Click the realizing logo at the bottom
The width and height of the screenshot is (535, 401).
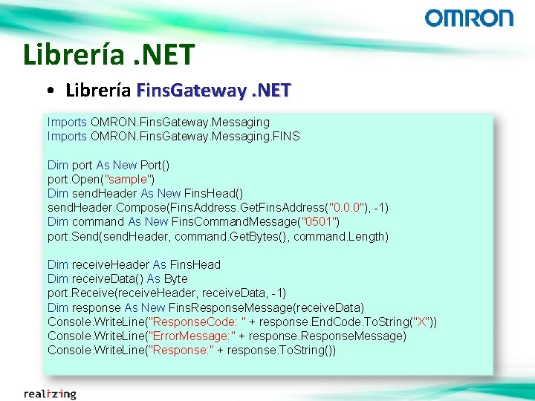click(x=50, y=393)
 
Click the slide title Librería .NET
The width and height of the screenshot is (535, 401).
click(x=108, y=54)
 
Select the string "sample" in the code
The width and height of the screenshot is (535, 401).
click(x=132, y=179)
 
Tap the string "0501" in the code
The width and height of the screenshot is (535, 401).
click(x=318, y=221)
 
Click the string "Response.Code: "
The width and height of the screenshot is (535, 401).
click(x=197, y=322)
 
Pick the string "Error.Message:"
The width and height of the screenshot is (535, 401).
click(x=193, y=336)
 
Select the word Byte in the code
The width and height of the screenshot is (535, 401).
click(x=175, y=278)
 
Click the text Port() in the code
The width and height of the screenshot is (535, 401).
click(x=155, y=165)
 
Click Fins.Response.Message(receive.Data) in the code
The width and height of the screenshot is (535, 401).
click(x=267, y=307)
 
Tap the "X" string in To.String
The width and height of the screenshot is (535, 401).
click(x=421, y=322)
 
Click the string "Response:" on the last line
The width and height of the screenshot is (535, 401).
click(x=182, y=350)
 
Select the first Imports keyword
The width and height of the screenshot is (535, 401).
click(x=67, y=122)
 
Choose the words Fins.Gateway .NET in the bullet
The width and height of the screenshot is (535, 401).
click(x=215, y=91)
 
